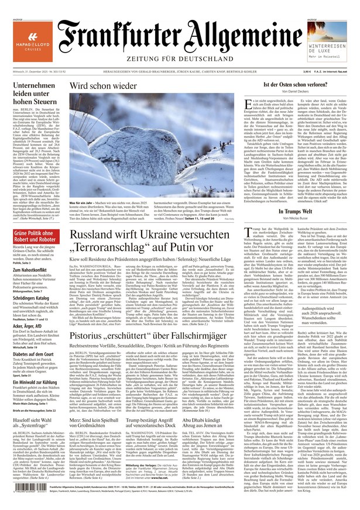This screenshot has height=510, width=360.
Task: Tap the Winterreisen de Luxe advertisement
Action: coord(324,45)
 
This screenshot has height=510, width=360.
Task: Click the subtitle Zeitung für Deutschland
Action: coord(180,58)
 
